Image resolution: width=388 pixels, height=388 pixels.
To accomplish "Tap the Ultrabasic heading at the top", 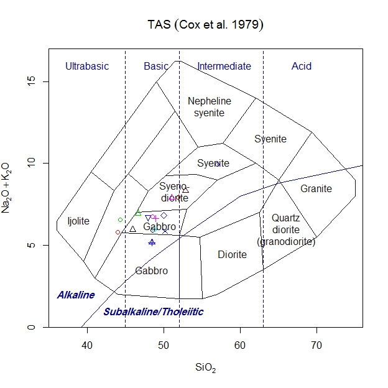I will click(87, 67).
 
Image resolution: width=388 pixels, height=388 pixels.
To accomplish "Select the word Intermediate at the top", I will click(224, 67).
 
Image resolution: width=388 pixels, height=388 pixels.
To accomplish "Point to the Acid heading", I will click(302, 67).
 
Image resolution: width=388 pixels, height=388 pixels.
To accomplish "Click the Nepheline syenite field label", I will click(210, 107).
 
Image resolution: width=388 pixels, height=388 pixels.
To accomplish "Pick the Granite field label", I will click(316, 189).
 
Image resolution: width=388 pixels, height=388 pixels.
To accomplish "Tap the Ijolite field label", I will click(78, 221).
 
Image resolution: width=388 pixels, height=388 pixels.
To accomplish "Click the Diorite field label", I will click(232, 255).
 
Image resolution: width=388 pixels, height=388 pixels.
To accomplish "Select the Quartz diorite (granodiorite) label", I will click(286, 229).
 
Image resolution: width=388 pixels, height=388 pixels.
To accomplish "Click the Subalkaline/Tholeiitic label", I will click(154, 312).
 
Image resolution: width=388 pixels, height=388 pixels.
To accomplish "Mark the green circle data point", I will click(120, 219).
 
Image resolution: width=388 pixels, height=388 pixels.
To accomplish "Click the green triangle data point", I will click(138, 213).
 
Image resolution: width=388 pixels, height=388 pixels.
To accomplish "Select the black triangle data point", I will click(132, 229).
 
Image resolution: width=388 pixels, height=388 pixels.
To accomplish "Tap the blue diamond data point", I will click(164, 215).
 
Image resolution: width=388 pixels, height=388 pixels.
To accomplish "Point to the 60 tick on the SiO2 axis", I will click(241, 345).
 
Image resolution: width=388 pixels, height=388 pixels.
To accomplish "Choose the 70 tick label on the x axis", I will click(317, 345).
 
